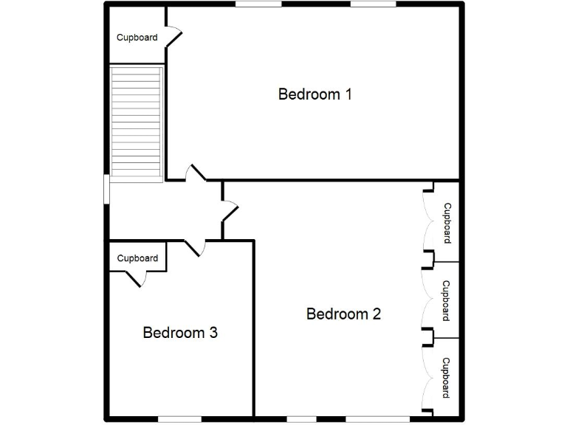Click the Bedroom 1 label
coord(315,94)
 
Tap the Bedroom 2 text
coord(343,314)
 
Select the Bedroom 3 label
coord(180,332)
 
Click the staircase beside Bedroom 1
coord(136,123)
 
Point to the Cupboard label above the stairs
coord(137,37)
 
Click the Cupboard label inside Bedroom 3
coord(137,258)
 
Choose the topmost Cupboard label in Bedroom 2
coord(447,223)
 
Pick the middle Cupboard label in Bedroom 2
coord(446,300)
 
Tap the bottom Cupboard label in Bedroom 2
coord(446,377)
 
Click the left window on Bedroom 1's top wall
coord(258,4)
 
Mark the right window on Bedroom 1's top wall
coord(373,4)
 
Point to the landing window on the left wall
coord(107,188)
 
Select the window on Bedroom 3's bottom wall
coord(179,419)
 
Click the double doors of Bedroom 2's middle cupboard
coord(427,299)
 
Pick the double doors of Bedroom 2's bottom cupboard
coord(427,377)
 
